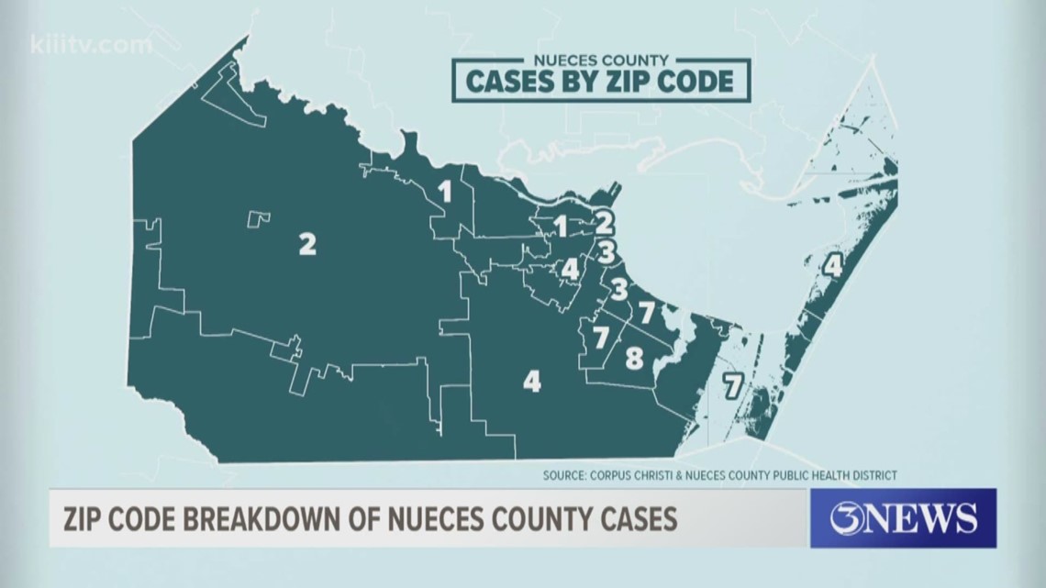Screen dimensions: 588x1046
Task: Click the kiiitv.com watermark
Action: tap(91, 44)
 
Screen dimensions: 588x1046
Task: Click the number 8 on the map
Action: tap(634, 359)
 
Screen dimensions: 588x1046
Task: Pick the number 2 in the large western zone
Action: tap(306, 244)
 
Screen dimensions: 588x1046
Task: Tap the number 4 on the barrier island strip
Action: tap(831, 266)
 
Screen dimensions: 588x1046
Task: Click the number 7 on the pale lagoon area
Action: tap(731, 385)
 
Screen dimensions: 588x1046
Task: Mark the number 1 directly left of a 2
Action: tap(560, 224)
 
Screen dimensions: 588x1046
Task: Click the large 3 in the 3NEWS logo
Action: tap(849, 519)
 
